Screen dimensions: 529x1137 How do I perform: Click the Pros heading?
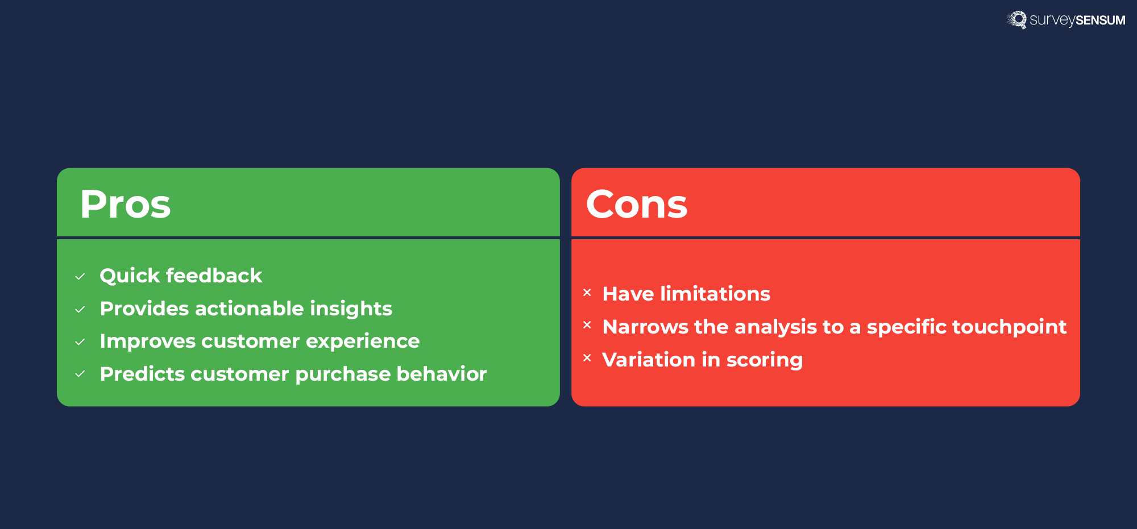point(125,204)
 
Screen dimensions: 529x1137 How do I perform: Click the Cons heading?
point(636,204)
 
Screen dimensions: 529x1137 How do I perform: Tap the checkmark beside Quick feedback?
point(80,277)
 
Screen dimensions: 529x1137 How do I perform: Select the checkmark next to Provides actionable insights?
point(80,310)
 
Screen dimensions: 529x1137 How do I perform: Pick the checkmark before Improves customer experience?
point(80,342)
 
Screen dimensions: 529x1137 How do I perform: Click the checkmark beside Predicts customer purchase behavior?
point(80,374)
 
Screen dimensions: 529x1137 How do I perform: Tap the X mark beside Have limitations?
point(587,293)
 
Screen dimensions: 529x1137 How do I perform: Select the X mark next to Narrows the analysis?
point(587,325)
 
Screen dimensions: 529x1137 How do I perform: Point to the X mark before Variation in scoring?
point(587,358)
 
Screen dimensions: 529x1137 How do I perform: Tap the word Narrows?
point(645,327)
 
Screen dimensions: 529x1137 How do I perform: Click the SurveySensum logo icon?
point(1017,20)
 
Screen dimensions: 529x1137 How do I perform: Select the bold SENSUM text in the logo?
point(1100,20)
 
